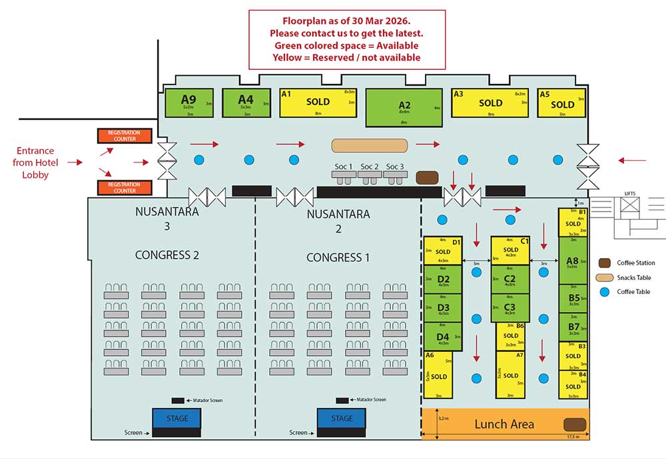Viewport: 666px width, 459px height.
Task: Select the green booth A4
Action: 246,102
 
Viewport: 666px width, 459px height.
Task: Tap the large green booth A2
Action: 404,107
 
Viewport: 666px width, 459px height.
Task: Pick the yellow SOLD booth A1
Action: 318,102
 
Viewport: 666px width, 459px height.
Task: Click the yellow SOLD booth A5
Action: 562,104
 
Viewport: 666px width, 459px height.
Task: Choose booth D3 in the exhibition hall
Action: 443,308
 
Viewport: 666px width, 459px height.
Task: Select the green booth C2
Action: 509,279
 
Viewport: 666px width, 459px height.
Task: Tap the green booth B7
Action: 573,327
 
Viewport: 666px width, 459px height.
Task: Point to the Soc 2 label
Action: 370,166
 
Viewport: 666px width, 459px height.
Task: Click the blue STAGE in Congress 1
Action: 342,418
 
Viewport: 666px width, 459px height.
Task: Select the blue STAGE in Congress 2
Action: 176,418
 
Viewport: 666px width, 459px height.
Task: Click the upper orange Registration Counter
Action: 125,136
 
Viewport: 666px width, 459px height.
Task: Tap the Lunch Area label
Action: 503,424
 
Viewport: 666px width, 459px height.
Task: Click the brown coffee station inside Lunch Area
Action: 574,424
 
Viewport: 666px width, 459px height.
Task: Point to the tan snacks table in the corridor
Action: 370,144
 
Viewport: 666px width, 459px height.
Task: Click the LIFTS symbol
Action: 630,203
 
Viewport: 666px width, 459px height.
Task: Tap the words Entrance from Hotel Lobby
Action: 35,162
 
